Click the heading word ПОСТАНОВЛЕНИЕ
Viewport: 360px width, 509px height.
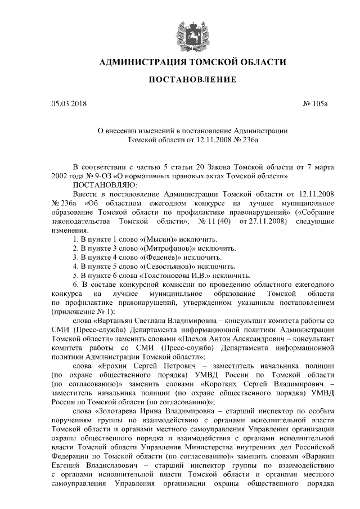[x=192, y=80]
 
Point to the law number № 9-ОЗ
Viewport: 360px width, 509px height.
[x=88, y=176]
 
